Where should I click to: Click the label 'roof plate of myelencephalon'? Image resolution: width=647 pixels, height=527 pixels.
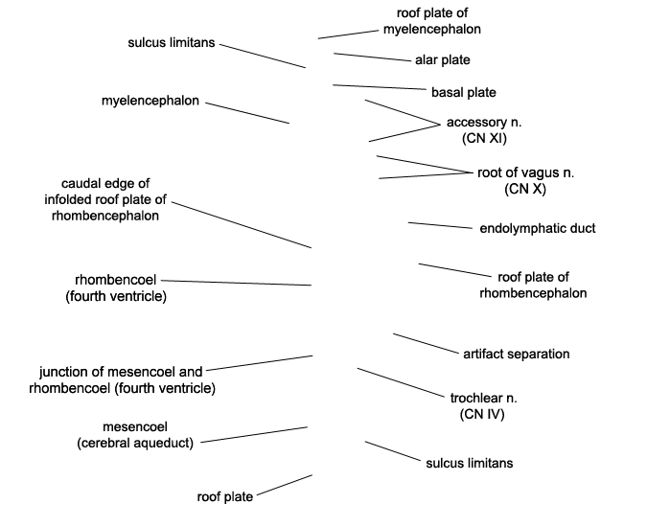click(438, 21)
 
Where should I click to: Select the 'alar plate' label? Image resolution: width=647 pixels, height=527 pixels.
click(442, 60)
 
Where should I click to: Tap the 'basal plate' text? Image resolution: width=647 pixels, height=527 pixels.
click(463, 93)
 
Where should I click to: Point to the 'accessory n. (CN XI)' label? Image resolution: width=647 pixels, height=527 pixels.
click(484, 130)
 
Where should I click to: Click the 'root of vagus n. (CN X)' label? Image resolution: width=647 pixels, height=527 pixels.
click(525, 180)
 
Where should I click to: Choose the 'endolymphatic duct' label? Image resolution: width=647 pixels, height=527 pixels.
click(537, 228)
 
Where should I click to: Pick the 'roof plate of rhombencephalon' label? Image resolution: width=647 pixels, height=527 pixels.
click(533, 285)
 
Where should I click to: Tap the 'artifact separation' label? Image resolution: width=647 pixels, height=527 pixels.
click(516, 354)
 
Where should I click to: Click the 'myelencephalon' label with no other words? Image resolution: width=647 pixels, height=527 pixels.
click(150, 101)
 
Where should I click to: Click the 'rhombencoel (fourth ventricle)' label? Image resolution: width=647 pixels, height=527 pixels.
click(116, 287)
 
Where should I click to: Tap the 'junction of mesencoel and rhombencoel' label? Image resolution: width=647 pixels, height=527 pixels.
click(122, 379)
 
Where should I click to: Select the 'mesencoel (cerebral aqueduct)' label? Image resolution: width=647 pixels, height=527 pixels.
click(135, 434)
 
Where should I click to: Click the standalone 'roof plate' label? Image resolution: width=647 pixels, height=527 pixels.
click(225, 496)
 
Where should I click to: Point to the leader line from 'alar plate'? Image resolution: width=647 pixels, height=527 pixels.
click(371, 57)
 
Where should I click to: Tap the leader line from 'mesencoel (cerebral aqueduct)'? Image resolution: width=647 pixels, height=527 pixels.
click(254, 434)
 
